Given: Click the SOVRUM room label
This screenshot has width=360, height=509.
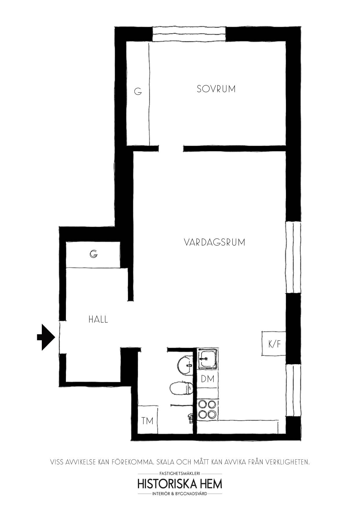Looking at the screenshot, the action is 216,89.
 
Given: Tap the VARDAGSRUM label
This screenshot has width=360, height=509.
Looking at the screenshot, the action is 215,242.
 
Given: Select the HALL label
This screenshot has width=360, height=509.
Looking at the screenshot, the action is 98,320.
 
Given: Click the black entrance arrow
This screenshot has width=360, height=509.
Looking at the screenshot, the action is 46,337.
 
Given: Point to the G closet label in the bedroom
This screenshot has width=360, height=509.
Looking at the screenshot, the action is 138,92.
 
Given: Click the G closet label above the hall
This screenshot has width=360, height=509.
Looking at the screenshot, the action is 93,254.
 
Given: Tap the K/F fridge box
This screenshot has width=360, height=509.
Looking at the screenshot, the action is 274,344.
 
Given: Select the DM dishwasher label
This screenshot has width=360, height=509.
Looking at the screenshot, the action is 208,379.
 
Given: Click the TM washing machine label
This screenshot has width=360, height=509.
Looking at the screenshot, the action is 147,420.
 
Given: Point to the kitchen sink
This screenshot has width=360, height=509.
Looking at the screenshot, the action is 207,359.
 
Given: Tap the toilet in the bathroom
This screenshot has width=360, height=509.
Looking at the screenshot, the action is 181,388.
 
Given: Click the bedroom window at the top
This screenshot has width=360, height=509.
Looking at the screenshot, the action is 189,34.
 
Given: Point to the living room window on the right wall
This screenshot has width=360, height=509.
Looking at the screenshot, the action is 293,257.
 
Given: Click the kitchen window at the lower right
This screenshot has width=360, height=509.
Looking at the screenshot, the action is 293,390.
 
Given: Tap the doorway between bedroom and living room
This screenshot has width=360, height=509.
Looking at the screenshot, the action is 171,149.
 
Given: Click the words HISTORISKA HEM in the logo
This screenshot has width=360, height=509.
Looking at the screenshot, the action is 180,484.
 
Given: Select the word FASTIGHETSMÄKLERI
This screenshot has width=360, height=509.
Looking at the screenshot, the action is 180,474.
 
